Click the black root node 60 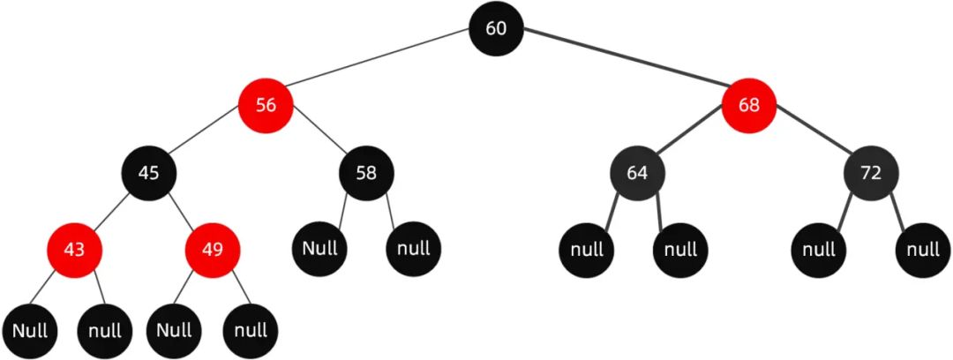(496, 28)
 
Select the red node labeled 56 (266, 105)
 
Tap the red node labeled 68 (748, 105)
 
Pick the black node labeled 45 (149, 172)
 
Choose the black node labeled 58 (365, 172)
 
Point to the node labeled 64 (637, 172)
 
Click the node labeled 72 (871, 172)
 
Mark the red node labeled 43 (75, 249)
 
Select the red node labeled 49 (212, 249)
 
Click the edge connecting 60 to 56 (379, 67)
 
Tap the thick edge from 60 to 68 (622, 67)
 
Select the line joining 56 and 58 (316, 139)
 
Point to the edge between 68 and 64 (693, 139)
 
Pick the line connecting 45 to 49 (181, 211)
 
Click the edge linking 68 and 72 (810, 139)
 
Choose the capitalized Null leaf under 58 (320, 247)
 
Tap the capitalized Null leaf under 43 (29, 331)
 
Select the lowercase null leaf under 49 (251, 331)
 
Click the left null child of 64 (586, 249)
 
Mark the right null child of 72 (923, 249)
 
